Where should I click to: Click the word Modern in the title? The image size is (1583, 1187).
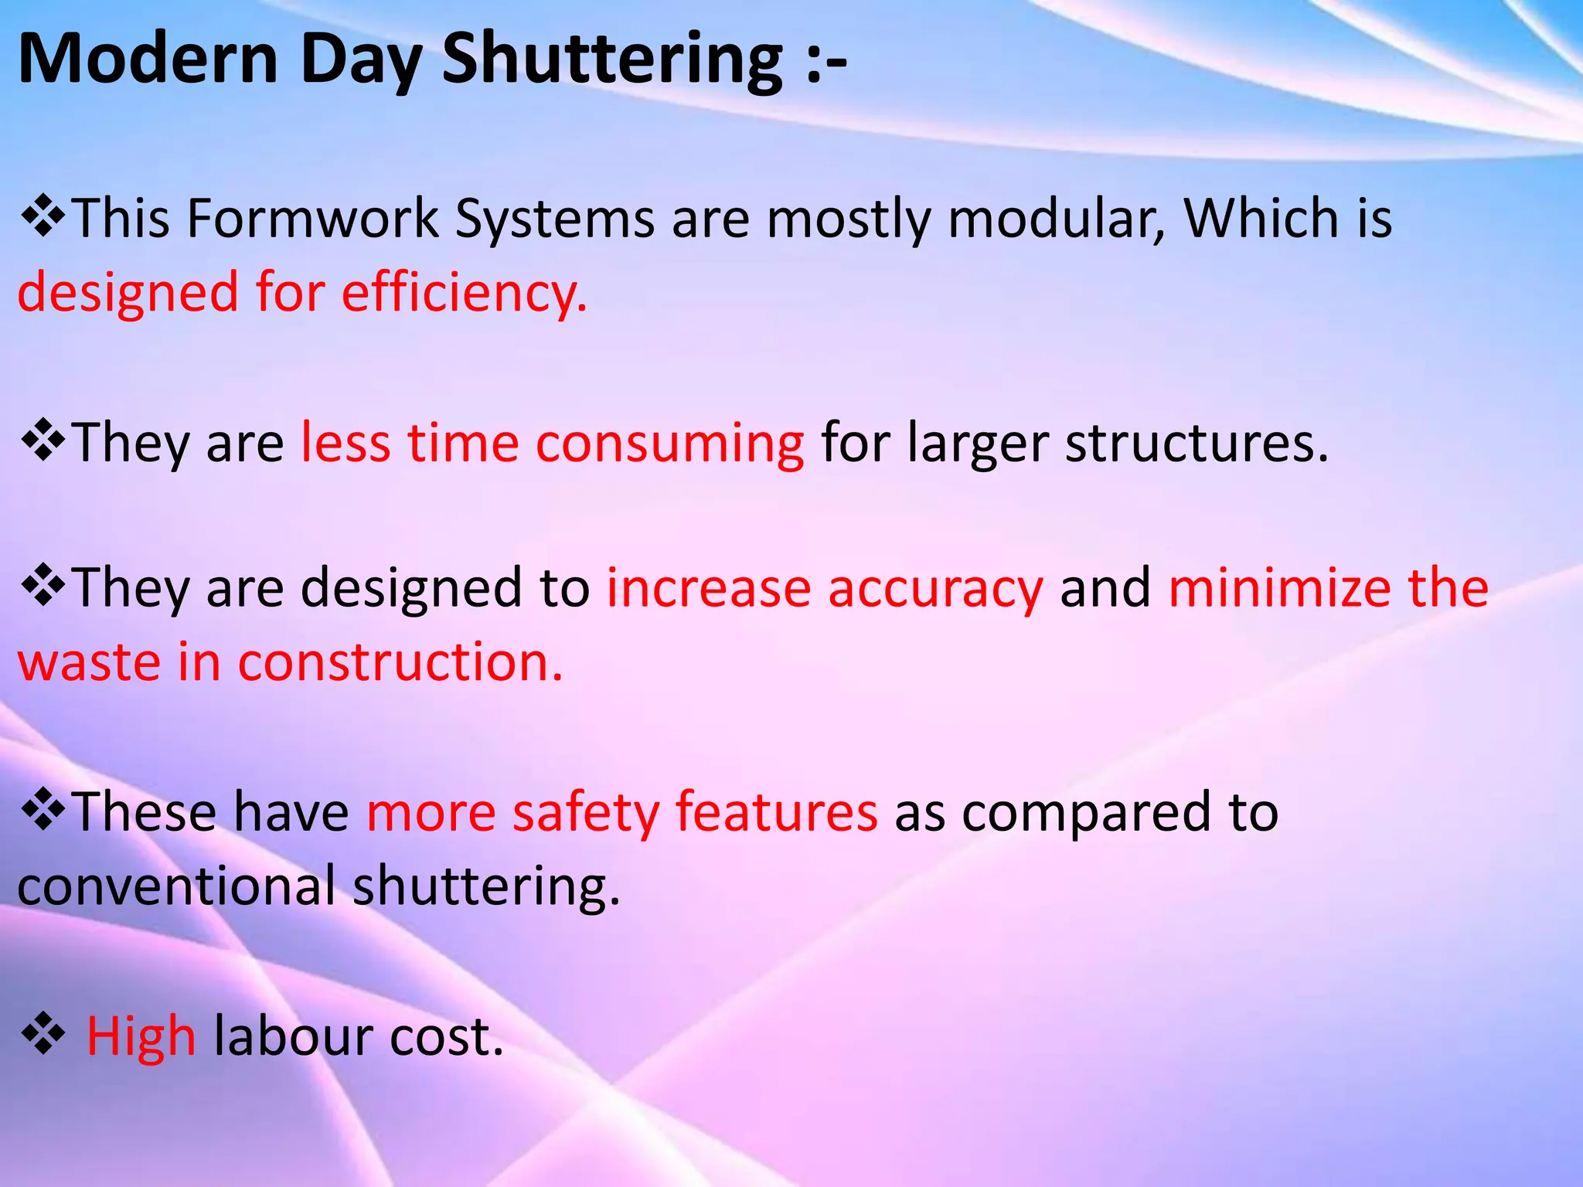coord(147,60)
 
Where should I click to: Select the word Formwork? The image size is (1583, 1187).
coord(312,218)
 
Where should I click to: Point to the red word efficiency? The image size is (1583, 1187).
coord(465,293)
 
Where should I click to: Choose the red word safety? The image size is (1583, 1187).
coord(585,812)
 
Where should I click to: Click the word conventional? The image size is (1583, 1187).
coord(176,886)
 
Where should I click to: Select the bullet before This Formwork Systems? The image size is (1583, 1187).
coord(43,217)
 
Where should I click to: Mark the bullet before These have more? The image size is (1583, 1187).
coord(43,811)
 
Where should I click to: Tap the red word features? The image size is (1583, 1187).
coord(776,812)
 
